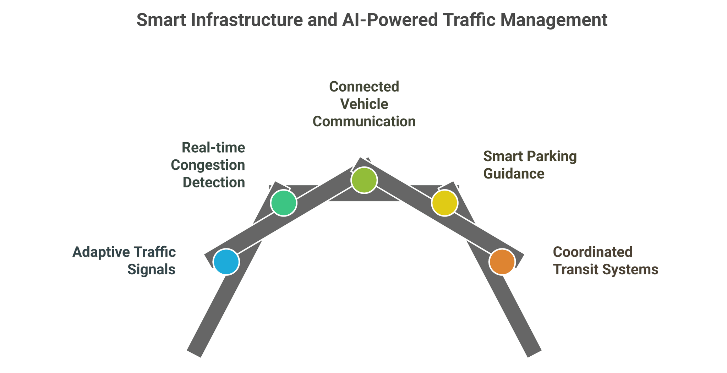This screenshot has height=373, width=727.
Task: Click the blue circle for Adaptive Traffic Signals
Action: point(226,262)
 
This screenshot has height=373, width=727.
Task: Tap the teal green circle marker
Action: point(283,203)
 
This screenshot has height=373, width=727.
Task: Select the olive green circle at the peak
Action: point(364,180)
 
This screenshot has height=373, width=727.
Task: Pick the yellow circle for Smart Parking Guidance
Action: point(444,203)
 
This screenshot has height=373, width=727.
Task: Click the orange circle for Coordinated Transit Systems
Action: point(502,262)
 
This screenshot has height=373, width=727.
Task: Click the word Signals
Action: point(151,270)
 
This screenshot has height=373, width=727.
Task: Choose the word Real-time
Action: point(213,148)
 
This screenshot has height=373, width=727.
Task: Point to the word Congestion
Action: point(208,165)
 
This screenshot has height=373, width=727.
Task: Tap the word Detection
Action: point(214,182)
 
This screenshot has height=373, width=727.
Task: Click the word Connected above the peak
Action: point(364,87)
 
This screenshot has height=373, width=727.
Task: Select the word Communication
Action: point(364,122)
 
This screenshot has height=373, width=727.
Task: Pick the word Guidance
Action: point(514,174)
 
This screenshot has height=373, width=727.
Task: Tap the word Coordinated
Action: point(592,252)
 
